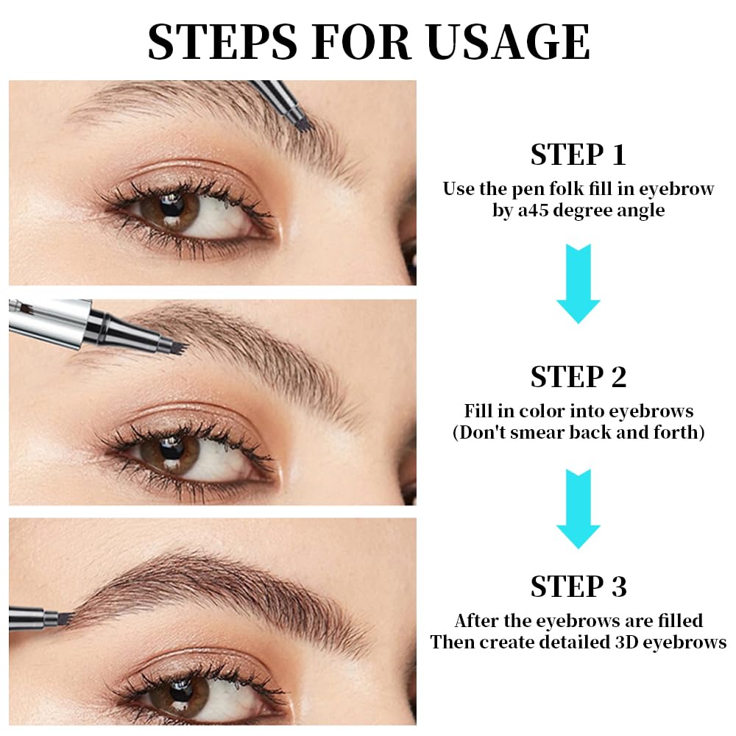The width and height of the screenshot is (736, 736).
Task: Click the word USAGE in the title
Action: (509, 41)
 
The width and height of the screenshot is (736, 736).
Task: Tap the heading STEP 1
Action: (578, 155)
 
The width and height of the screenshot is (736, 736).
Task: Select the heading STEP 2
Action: (578, 376)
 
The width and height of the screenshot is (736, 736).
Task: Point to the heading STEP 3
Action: (578, 586)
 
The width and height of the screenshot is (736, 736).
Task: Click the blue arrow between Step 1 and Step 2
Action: (578, 283)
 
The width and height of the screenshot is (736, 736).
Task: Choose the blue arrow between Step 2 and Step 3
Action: (578, 509)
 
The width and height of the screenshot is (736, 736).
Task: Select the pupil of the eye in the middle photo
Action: (171, 449)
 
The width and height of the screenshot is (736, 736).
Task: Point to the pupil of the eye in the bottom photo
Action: (181, 690)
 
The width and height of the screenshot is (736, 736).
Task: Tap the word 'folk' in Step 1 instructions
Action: (567, 188)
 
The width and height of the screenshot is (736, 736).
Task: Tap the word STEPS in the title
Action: (222, 41)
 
